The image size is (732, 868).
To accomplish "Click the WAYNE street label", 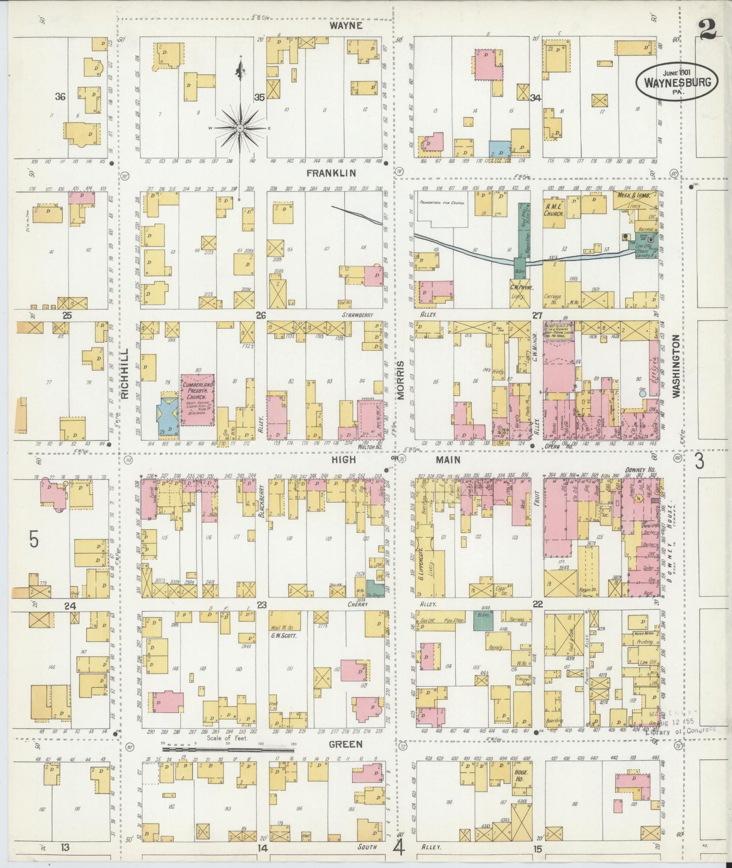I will [345, 25].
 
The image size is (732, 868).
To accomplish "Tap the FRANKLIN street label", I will [331, 173].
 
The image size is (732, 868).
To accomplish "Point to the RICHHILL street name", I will [126, 373].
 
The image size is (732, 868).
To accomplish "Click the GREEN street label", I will [345, 744].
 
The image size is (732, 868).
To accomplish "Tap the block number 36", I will [60, 97].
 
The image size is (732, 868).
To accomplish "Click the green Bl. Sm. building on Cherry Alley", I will [483, 620].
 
